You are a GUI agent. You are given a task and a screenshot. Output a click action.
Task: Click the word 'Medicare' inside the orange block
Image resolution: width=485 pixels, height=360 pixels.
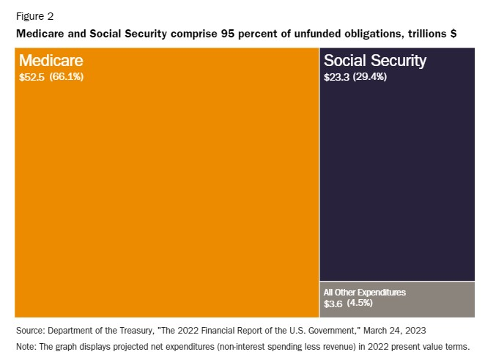click(51, 61)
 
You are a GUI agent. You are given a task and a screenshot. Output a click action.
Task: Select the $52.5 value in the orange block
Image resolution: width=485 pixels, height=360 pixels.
click(32, 76)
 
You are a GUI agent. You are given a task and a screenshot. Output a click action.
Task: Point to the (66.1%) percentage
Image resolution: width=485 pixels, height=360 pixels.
click(67, 76)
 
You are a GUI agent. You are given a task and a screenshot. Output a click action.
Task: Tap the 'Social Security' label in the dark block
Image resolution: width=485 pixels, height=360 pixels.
click(375, 61)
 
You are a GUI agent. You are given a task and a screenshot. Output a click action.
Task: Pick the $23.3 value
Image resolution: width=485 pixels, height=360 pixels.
click(337, 76)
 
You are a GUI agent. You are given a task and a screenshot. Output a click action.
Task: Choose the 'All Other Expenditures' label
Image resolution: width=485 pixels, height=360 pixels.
click(364, 292)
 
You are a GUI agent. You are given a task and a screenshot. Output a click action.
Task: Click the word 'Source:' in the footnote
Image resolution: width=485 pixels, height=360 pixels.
click(30, 330)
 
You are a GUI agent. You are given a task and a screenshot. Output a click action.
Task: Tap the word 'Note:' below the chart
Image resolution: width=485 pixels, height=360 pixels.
click(26, 345)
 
